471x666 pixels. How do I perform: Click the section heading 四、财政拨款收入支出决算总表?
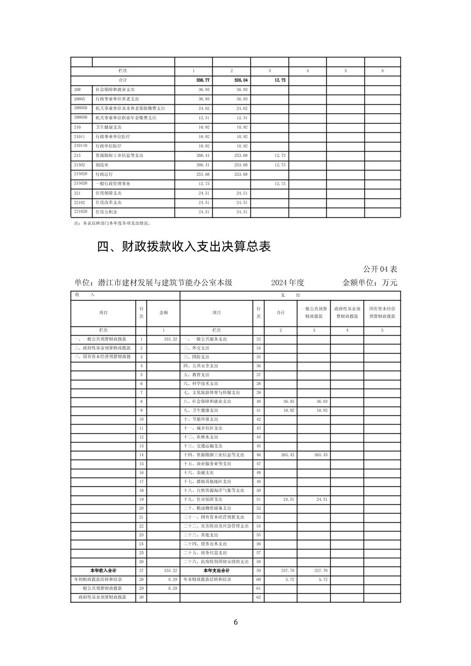(184, 247)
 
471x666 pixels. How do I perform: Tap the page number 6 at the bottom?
(235, 622)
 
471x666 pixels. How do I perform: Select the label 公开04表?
(380, 269)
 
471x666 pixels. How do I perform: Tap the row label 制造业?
(102, 165)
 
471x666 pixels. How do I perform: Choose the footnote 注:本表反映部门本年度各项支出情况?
(112, 223)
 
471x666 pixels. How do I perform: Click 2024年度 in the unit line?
(287, 283)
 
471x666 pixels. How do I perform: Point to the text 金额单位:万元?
(369, 283)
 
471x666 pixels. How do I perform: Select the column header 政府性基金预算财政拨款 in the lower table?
(347, 312)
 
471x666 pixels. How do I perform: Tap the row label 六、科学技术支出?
(200, 384)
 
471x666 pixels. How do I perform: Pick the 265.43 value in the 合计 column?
(287, 455)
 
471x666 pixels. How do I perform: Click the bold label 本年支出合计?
(216, 570)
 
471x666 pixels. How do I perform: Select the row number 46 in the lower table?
(258, 455)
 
